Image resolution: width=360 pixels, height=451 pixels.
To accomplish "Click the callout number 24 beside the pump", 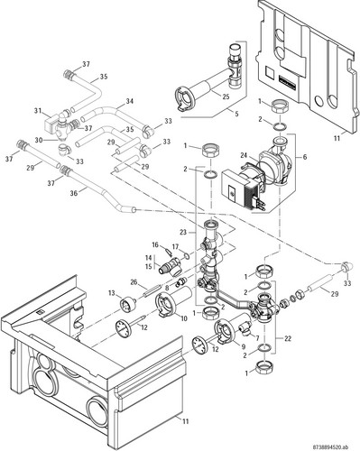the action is (245, 155).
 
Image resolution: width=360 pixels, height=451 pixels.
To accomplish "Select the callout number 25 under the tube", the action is (226, 97).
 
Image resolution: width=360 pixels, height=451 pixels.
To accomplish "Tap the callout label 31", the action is (38, 111).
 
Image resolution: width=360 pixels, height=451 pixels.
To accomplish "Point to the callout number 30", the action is (39, 141).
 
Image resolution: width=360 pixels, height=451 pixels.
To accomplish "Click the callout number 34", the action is (130, 101).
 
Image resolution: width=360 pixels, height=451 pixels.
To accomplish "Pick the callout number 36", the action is (74, 193).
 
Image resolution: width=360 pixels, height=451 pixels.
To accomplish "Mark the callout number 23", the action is (184, 232).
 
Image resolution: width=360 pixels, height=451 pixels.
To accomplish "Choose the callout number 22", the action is (288, 338).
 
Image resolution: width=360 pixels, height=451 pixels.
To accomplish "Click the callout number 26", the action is (134, 282).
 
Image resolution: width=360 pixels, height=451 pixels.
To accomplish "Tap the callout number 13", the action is (112, 293).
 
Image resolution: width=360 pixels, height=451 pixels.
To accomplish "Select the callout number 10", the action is (184, 318).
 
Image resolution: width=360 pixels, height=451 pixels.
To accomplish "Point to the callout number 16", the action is (155, 245).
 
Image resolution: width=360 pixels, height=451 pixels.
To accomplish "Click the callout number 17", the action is (175, 247).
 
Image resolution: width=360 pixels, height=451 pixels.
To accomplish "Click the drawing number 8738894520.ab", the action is (335, 446).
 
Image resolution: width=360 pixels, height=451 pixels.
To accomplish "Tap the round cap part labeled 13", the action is (128, 304).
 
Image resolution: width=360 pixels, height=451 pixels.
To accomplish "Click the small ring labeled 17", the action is (187, 256).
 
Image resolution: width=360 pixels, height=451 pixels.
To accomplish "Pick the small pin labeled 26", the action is (152, 291).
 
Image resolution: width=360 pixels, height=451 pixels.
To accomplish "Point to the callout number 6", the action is (305, 157).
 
